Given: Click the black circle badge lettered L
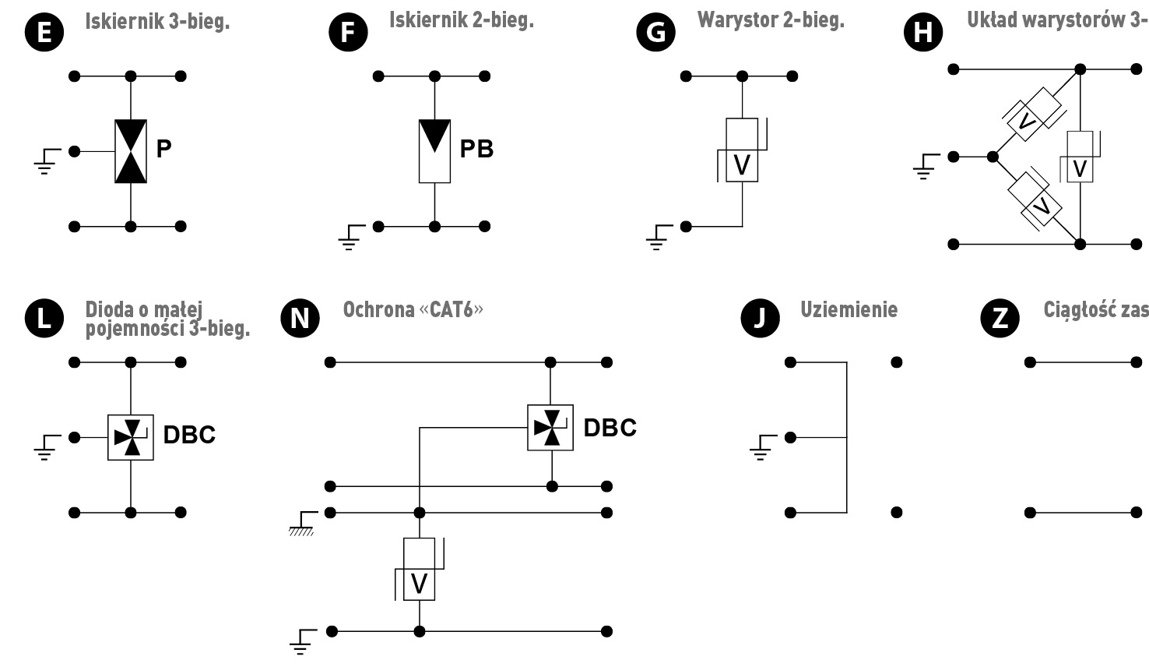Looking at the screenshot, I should coord(44,318).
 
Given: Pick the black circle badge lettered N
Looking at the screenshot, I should coord(299,318).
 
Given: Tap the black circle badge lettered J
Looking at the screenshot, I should coord(760,318).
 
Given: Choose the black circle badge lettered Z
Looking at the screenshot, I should coord(1000,318).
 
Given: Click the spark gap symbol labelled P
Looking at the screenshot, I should coord(131,151).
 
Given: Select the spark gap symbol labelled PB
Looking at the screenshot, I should coord(434,151).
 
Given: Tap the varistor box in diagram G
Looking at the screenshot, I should coord(742,151).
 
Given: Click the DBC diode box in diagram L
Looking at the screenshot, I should coord(131,437).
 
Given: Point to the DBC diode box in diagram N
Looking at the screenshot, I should coord(551,428).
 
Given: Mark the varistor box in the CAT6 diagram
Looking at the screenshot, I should coord(419,569).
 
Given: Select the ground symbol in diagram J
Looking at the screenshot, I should coord(761,446).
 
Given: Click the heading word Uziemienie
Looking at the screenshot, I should coord(849,309).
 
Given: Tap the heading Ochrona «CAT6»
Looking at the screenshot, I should coord(413,309).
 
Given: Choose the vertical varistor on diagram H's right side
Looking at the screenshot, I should coord(1080,157).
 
